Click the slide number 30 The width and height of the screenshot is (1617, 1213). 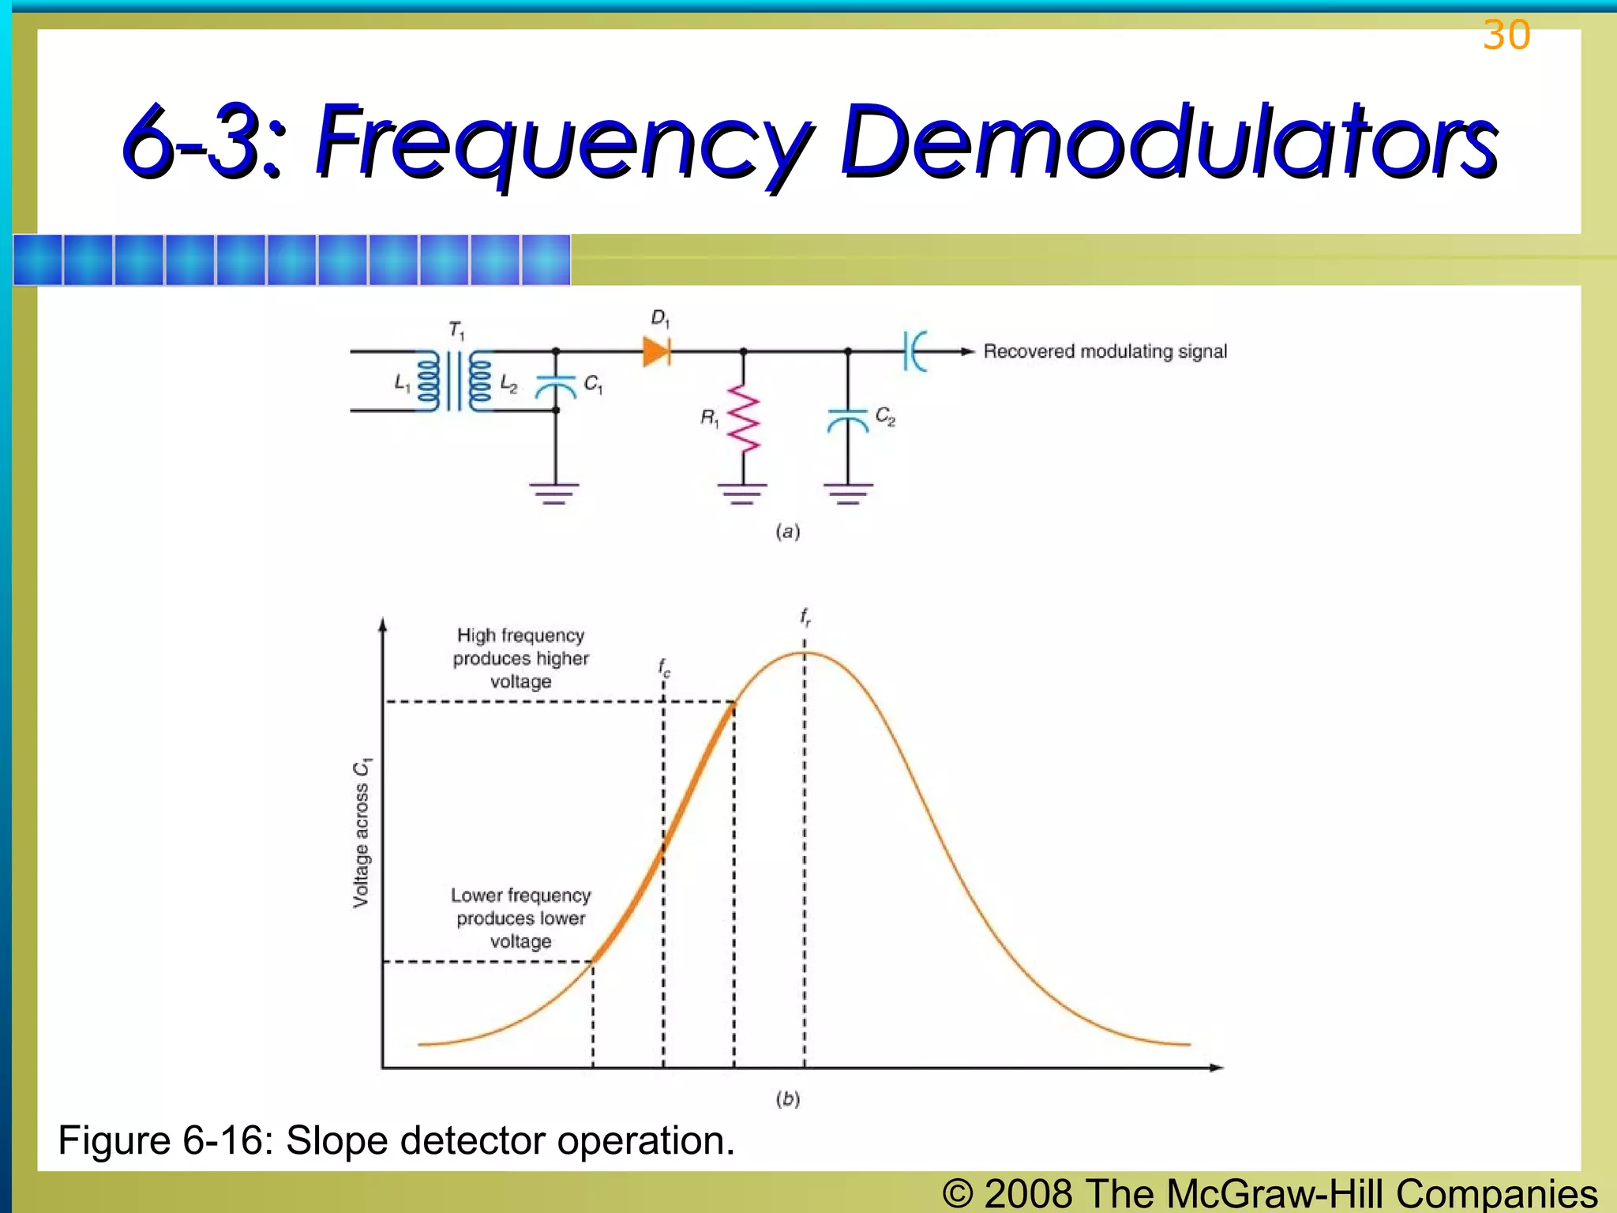pos(1506,36)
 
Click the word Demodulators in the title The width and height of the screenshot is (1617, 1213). pos(1169,142)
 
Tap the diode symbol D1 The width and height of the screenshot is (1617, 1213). pos(657,351)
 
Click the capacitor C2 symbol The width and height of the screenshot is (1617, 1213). pos(848,420)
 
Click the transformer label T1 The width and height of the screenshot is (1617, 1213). pos(456,330)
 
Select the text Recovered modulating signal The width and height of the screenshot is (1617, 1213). pos(1105,351)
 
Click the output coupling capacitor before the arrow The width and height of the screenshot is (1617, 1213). pos(914,351)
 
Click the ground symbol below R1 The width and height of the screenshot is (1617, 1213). pos(742,494)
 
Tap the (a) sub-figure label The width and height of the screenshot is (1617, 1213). pos(787,531)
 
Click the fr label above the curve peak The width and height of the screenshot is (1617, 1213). pos(805,617)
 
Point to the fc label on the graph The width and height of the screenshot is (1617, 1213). pos(664,668)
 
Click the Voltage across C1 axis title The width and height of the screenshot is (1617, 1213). pos(361,832)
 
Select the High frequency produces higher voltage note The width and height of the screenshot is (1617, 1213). pos(521,658)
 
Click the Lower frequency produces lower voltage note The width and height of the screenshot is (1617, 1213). pos(521,918)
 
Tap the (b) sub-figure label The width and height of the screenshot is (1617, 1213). pos(787,1098)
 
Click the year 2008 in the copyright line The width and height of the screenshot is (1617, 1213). pos(1028,1193)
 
